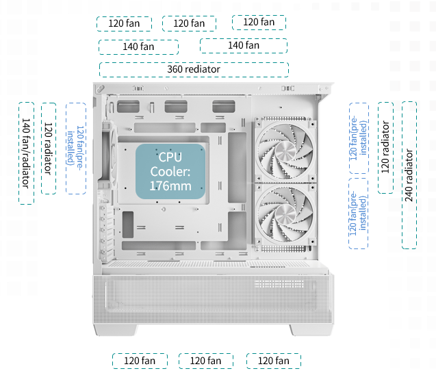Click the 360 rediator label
coord(194,69)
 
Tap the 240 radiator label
coord(409,175)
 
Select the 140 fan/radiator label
coord(25,153)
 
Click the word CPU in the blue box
coord(170,157)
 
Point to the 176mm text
coord(170,185)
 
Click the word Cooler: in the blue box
coord(170,171)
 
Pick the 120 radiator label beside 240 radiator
coord(385,146)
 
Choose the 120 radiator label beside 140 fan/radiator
coord(48,148)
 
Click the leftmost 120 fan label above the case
coord(125,23)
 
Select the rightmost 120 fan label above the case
coord(259,23)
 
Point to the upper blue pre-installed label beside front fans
coord(358,140)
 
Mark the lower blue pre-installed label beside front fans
coord(358,214)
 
